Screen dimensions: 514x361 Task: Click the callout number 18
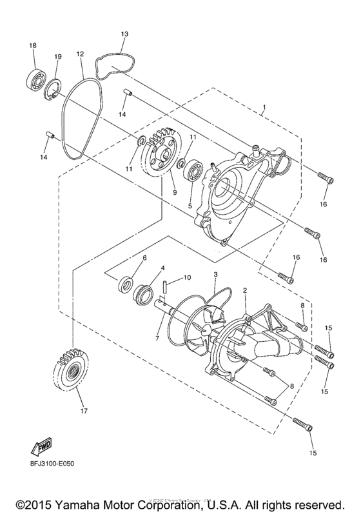(x=33, y=44)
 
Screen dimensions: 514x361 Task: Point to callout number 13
(x=124, y=33)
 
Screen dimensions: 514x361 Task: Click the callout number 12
(x=80, y=54)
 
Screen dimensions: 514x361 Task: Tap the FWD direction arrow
(x=37, y=447)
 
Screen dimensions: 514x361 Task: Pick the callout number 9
(x=173, y=192)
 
